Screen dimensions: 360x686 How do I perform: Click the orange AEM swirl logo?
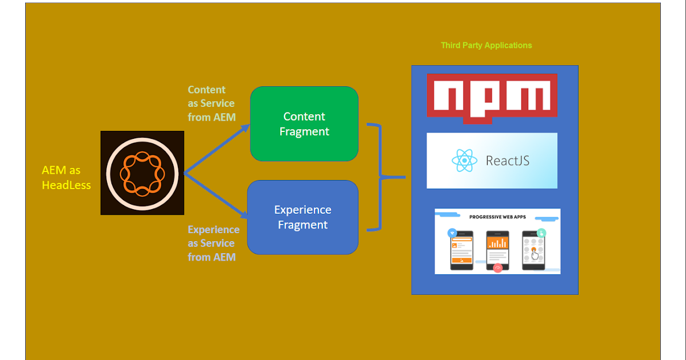[142, 173]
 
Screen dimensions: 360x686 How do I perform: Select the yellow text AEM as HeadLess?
[66, 177]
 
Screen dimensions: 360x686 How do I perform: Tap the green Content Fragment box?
[304, 124]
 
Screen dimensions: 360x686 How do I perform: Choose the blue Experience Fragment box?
[302, 217]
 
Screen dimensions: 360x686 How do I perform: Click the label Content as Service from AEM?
[211, 103]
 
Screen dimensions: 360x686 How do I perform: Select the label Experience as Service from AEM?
[213, 243]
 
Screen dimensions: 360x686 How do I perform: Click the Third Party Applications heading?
[486, 45]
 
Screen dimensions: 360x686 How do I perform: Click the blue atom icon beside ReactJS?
[464, 161]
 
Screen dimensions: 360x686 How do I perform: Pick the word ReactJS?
[507, 161]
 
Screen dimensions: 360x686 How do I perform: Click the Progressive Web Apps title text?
[497, 217]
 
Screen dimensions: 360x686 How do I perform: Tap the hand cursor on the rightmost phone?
[535, 253]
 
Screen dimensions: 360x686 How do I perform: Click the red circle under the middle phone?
[497, 267]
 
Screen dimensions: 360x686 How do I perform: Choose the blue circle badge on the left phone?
[453, 233]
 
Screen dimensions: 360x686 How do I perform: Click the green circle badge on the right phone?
[541, 233]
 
